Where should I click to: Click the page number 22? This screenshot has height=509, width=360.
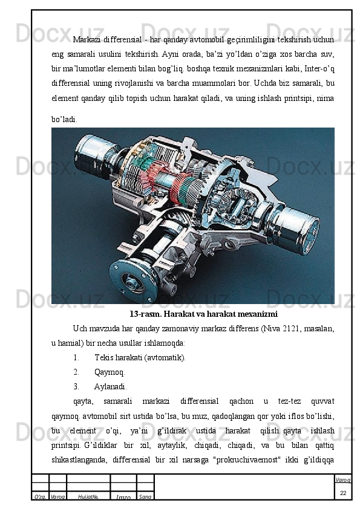pyautogui.click(x=343, y=493)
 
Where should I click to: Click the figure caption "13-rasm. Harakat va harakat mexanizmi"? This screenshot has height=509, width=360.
pyautogui.click(x=203, y=314)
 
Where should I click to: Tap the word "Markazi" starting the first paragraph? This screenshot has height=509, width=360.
pyautogui.click(x=87, y=40)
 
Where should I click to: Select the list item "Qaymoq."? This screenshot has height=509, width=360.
pyautogui.click(x=110, y=372)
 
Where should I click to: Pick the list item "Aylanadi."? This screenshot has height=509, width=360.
pyautogui.click(x=111, y=387)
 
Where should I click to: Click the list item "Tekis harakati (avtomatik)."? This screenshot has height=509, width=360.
pyautogui.click(x=140, y=358)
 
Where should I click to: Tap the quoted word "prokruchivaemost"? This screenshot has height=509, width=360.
pyautogui.click(x=248, y=460)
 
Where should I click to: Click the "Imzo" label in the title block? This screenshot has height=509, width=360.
pyautogui.click(x=123, y=498)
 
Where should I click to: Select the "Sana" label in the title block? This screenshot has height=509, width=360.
pyautogui.click(x=145, y=497)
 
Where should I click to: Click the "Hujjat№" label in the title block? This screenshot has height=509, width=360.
pyautogui.click(x=88, y=497)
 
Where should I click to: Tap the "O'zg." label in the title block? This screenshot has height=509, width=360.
pyautogui.click(x=40, y=497)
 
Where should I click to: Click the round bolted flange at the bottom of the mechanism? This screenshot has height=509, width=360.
pyautogui.click(x=134, y=281)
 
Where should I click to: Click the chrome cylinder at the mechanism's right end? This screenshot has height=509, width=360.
pyautogui.click(x=296, y=230)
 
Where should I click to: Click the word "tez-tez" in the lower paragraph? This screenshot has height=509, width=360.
pyautogui.click(x=289, y=401)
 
